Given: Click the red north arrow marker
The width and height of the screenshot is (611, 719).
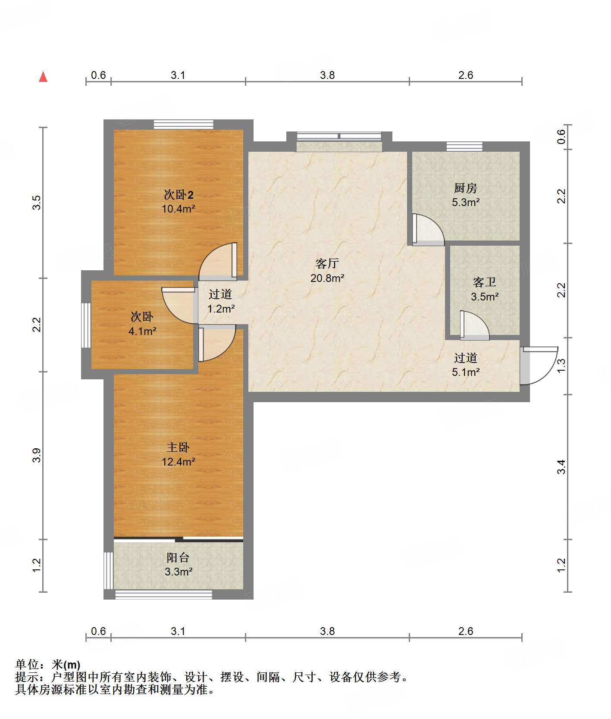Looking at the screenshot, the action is [x=43, y=77].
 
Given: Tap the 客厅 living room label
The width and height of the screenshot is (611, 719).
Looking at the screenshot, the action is [x=327, y=263].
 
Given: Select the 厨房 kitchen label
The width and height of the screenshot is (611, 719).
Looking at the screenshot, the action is [x=466, y=188].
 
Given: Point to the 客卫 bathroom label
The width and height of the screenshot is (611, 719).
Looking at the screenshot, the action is [x=485, y=282].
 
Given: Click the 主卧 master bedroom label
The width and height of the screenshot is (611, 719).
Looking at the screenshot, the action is [x=178, y=447].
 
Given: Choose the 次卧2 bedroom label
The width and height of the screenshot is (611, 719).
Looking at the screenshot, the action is [x=179, y=195].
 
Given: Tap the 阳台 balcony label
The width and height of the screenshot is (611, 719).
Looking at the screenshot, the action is [x=178, y=558].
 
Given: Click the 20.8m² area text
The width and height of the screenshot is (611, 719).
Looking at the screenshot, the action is [x=327, y=278].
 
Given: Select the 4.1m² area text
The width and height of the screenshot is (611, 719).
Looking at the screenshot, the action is [x=142, y=331].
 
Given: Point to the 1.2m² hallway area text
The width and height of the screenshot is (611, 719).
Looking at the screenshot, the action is [x=221, y=309].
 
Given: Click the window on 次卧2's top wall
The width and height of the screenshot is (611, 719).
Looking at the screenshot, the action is [x=184, y=124].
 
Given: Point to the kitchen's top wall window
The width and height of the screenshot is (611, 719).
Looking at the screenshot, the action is [x=464, y=146].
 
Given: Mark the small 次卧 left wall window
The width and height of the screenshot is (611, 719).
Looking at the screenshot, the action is [x=86, y=325].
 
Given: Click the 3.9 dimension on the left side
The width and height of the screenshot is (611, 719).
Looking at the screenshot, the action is [x=37, y=455].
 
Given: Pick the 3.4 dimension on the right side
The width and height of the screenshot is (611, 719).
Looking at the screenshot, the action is [x=561, y=467].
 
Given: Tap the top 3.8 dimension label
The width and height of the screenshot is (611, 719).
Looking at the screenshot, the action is [x=327, y=75].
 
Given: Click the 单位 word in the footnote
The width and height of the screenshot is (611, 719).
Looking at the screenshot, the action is [x=27, y=665].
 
